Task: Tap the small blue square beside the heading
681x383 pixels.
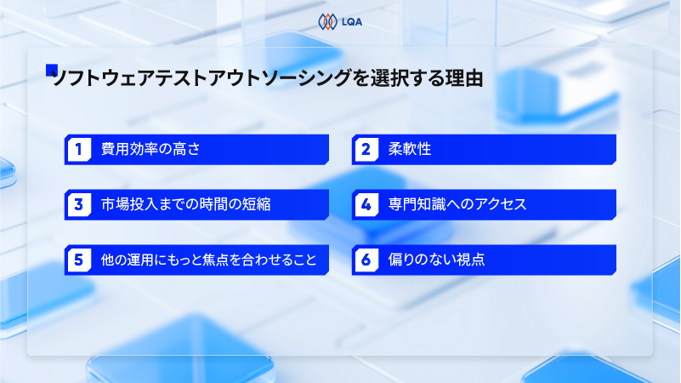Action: [51, 71]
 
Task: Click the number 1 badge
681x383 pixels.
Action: [77, 150]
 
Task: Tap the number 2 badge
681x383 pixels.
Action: [365, 150]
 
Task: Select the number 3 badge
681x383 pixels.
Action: [77, 204]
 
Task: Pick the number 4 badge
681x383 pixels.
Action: [365, 204]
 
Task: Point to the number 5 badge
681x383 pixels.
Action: [77, 260]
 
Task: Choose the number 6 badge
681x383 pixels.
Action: [365, 260]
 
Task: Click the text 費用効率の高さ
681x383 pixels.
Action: [150, 150]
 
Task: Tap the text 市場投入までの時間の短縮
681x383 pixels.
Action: [186, 204]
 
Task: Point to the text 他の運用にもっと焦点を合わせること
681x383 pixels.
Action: [208, 260]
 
